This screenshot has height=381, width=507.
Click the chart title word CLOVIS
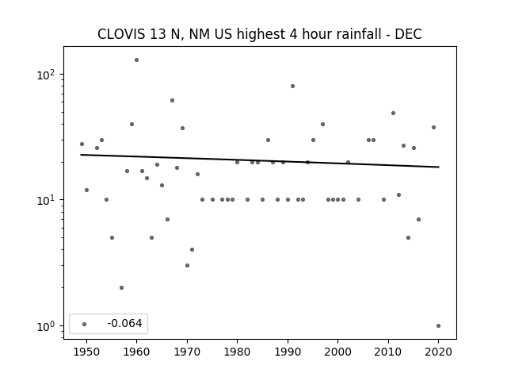click(121, 34)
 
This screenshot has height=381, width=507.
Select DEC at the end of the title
click(409, 34)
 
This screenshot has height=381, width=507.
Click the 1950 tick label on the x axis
click(86, 352)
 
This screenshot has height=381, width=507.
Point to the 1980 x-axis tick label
click(237, 352)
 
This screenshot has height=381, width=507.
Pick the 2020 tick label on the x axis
click(438, 352)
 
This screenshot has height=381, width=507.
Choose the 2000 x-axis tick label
click(337, 352)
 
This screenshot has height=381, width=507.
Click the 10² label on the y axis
click(46, 75)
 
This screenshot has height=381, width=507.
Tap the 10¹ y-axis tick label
click(46, 201)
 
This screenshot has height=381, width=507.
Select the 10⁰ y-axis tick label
click(46, 326)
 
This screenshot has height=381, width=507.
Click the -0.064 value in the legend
click(124, 323)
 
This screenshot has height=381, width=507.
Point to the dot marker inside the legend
click(85, 324)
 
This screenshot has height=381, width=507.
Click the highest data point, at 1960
click(136, 60)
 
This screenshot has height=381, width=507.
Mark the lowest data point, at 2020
click(438, 326)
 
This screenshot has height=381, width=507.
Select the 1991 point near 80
click(292, 87)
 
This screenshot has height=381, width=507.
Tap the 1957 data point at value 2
click(121, 287)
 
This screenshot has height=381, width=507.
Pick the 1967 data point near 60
click(172, 101)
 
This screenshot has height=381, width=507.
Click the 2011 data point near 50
click(393, 113)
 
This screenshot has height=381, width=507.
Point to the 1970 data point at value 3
click(187, 266)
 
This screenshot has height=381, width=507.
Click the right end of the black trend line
click(439, 167)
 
